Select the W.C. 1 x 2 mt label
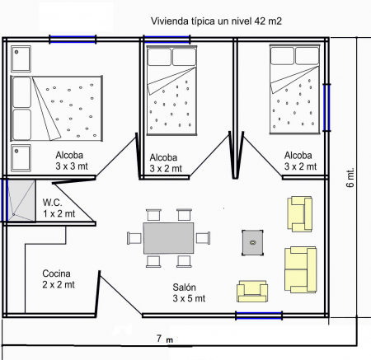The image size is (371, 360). tap(59, 208)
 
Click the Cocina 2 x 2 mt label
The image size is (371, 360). tap(57, 278)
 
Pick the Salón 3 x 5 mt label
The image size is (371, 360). tap(189, 292)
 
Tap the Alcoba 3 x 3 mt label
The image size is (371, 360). tap(73, 161)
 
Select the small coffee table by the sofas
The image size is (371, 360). tap(252, 241)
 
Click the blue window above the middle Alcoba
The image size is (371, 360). tap(167, 38)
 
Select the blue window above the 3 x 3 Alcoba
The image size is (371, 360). tap(72, 38)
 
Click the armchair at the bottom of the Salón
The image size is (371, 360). tap(252, 290)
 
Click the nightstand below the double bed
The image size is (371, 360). tap(21, 157)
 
